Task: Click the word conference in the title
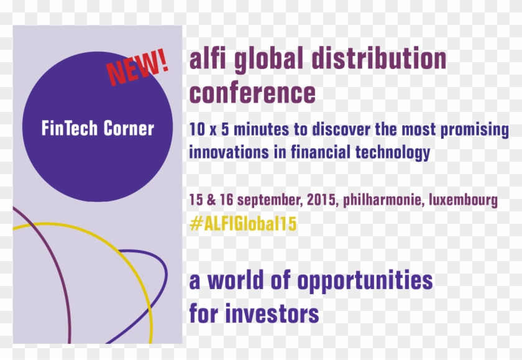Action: tap(252, 93)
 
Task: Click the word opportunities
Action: tap(365, 281)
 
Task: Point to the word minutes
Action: tap(252, 131)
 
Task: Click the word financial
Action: tap(321, 152)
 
